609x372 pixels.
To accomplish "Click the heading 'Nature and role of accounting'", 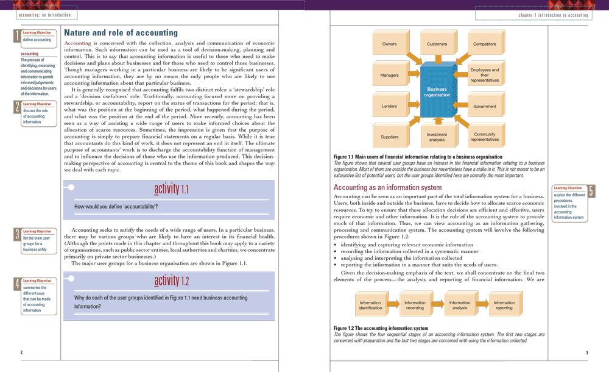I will point(121,32).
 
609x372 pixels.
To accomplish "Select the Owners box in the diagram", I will point(390,44).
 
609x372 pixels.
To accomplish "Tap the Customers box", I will point(437,44).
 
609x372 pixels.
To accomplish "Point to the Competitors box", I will point(485,44).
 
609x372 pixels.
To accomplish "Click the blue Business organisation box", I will point(437,92).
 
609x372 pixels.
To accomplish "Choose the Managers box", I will point(390,76).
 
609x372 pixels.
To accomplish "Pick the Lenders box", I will point(390,106).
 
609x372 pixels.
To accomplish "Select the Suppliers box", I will point(390,137).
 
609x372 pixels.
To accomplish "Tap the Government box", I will point(485,106).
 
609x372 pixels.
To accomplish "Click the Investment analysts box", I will point(437,137).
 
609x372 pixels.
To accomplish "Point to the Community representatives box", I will point(485,137).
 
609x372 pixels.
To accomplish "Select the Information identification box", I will point(371,305).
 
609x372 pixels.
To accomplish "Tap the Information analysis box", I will point(460,305).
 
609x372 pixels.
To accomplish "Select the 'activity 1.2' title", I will point(171,281).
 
